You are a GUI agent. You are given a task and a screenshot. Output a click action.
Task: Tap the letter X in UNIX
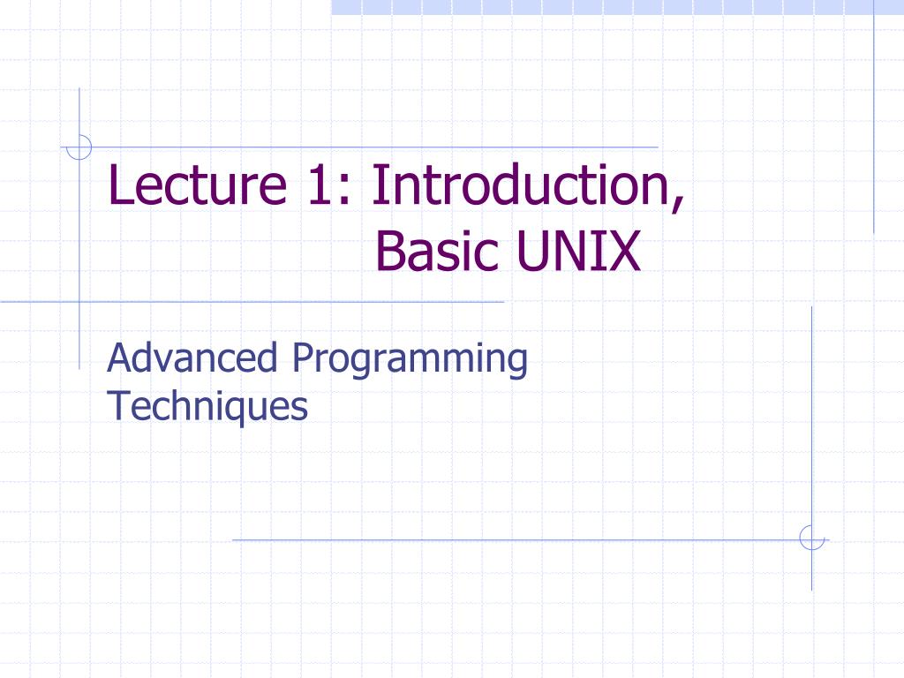(x=624, y=252)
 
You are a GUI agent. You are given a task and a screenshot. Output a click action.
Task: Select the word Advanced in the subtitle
(x=192, y=359)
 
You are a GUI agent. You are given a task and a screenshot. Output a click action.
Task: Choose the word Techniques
(x=207, y=407)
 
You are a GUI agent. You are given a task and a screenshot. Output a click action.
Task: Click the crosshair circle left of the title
(x=79, y=147)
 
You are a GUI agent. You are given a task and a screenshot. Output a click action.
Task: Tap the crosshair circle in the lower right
(x=811, y=538)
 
